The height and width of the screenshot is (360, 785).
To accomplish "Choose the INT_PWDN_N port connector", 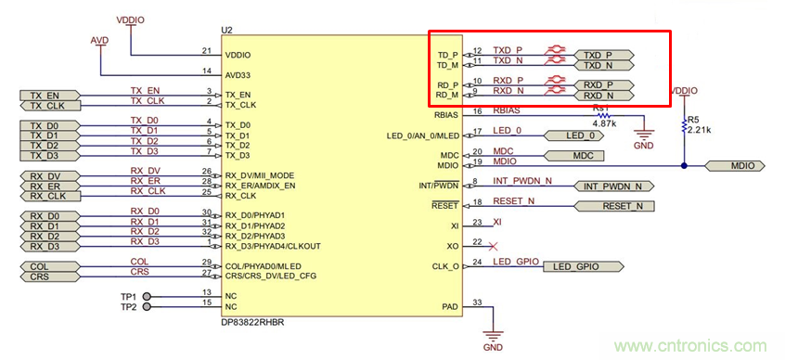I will (x=615, y=186).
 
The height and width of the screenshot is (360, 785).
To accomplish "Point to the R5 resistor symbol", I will (x=684, y=126).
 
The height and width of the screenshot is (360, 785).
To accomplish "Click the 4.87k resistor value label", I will (x=604, y=122).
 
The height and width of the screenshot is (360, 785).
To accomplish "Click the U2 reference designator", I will (x=226, y=31).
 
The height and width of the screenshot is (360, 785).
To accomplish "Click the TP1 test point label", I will (x=128, y=296).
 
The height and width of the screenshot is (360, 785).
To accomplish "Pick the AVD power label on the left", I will (x=99, y=42).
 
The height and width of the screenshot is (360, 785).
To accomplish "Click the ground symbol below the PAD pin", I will (x=492, y=336).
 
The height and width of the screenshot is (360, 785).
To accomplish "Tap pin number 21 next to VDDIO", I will (x=206, y=51).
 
